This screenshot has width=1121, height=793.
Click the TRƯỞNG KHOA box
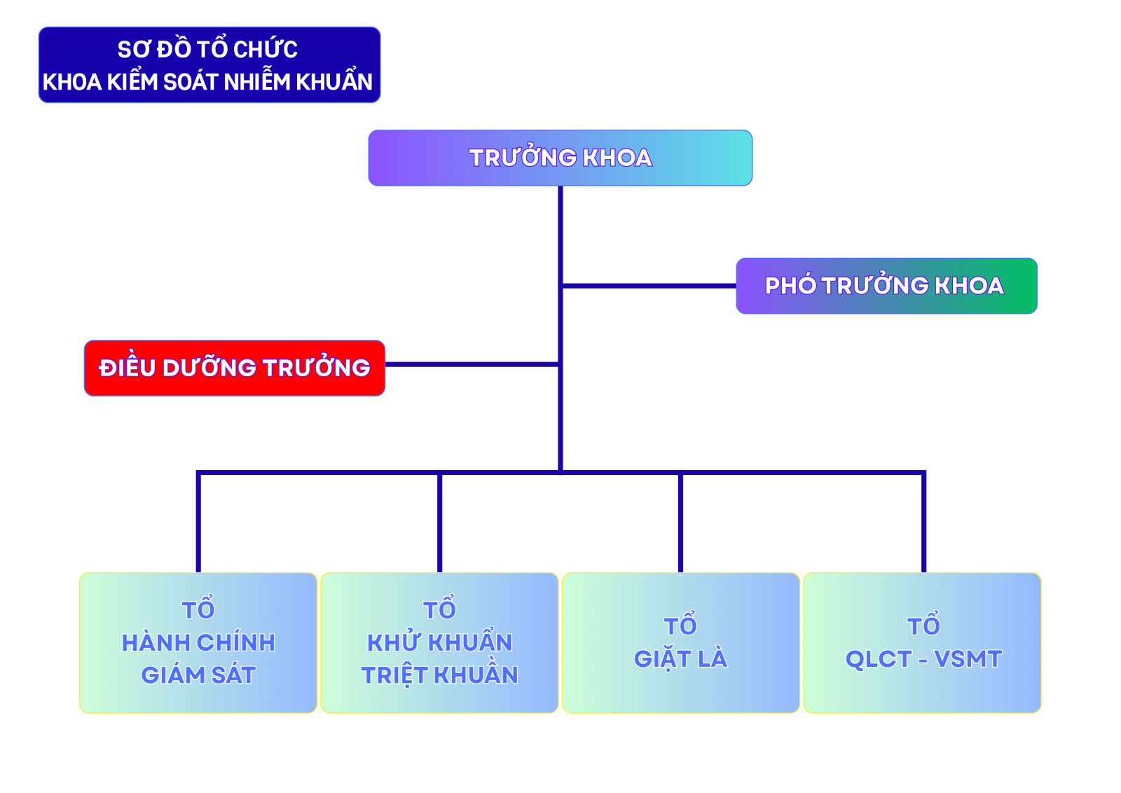[560, 158]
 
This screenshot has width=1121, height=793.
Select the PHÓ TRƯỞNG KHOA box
[886, 286]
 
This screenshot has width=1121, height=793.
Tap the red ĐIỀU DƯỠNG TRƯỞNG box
[234, 368]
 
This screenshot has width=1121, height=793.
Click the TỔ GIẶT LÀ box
[680, 642]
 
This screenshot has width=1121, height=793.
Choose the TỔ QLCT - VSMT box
[922, 642]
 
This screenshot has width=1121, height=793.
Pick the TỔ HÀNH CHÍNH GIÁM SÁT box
[198, 642]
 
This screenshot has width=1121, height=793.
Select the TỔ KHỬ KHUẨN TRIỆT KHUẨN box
[439, 642]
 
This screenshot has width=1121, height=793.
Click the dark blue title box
[209, 65]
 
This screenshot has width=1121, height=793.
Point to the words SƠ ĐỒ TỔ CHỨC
[207, 49]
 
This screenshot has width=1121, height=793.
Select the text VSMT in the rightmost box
[968, 659]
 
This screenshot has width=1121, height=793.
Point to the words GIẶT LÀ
[680, 659]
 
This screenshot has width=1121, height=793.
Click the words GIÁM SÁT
[198, 675]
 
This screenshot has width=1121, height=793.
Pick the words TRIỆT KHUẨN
[439, 675]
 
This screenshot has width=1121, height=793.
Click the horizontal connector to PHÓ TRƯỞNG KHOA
[648, 286]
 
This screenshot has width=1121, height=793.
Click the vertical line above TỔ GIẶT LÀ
[680, 522]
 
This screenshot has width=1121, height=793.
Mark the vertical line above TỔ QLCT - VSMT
[923, 522]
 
